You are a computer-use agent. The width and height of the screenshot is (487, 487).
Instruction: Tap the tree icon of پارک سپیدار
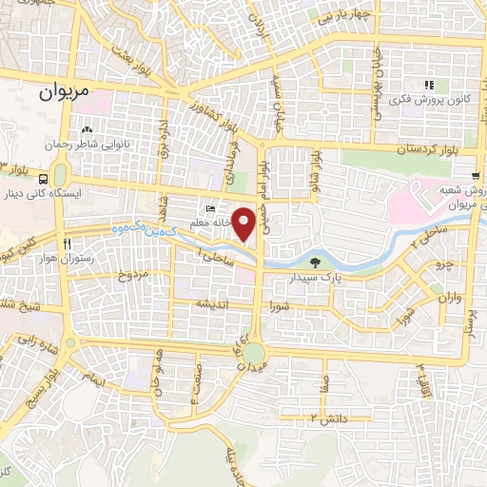314,261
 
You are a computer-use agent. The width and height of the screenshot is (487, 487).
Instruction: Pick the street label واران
448,299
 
